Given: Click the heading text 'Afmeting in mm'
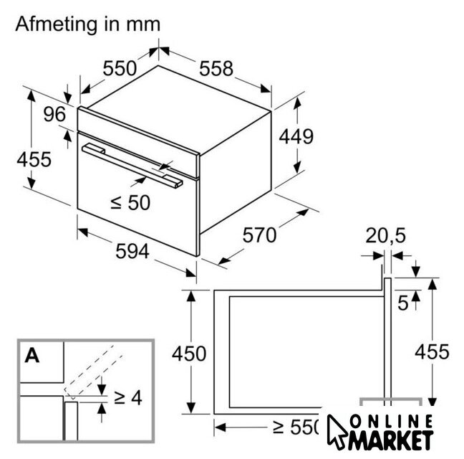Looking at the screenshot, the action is pos(88,24).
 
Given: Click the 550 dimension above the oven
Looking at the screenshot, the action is pos(120,68).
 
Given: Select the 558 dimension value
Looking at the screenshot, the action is pos(216,69).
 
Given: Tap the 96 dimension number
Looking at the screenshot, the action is pos(54,114).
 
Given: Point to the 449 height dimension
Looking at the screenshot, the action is pos(296,136).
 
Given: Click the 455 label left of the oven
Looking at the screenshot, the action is pos(34,159).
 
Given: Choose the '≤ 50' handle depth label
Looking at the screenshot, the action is pos(130,203).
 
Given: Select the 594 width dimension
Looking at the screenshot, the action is pos(132,251).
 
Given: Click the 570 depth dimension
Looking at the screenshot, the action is pos(259,235).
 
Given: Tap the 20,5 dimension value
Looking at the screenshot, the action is pos(385,235).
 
